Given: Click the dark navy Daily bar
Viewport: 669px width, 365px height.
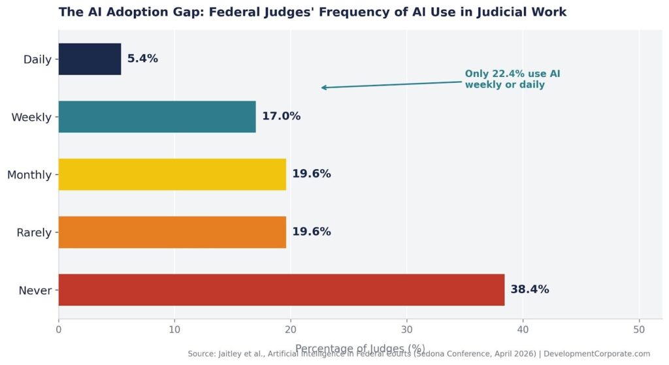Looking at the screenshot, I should [x=90, y=59].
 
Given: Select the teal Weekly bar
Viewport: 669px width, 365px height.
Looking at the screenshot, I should [x=157, y=117].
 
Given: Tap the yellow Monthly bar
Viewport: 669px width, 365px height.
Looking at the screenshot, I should [x=172, y=174].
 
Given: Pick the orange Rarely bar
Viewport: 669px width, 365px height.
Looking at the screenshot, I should [x=172, y=232].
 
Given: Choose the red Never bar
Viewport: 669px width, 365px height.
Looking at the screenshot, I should [x=281, y=289].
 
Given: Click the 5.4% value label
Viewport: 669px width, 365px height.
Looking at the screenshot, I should [x=142, y=59].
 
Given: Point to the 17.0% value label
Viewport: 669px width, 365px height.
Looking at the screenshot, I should [x=281, y=117].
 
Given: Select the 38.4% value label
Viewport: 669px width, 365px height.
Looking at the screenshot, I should [x=529, y=289].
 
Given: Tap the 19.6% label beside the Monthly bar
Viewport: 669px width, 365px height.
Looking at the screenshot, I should [x=311, y=174].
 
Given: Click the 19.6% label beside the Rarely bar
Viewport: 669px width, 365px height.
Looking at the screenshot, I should [x=311, y=232].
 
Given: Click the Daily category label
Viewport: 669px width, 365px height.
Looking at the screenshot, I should [x=37, y=59].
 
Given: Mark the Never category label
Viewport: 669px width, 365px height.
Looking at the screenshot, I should [x=36, y=290].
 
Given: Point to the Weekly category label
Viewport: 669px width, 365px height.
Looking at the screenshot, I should [x=31, y=118].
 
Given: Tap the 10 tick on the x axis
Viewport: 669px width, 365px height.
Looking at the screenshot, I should [x=174, y=330].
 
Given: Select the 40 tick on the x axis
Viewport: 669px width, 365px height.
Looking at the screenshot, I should [x=523, y=330].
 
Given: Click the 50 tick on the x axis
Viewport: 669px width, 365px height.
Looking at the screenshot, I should [x=639, y=330].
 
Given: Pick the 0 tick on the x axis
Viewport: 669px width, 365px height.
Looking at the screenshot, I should [x=59, y=330].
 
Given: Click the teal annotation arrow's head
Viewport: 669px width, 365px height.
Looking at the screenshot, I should [x=323, y=87].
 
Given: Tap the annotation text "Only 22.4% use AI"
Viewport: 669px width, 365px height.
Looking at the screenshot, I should [x=512, y=74].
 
